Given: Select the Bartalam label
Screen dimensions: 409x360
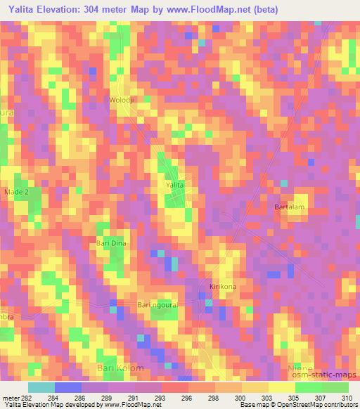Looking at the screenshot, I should [290, 207].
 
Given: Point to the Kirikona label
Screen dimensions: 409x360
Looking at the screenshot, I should [224, 287].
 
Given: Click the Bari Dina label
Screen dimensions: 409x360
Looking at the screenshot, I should [110, 242].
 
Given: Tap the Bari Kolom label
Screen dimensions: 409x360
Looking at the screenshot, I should [120, 368].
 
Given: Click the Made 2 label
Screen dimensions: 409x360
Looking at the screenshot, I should [17, 191].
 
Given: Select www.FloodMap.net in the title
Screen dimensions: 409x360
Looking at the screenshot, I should [211, 10].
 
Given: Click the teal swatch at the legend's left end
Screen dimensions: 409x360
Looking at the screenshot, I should [41, 387].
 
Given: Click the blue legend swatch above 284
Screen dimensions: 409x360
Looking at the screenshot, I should [67, 387].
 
